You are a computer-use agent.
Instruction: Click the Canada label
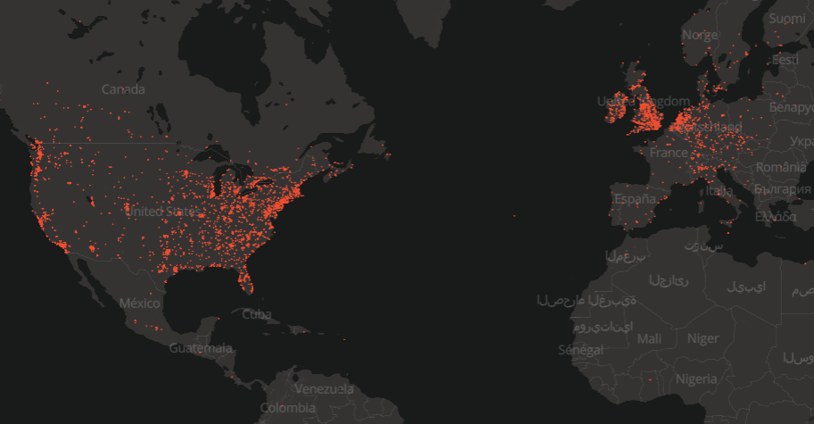(124, 89)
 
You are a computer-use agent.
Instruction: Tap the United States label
(162, 212)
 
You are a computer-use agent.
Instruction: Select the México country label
(139, 303)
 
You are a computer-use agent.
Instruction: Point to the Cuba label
(256, 314)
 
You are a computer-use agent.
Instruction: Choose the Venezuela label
(325, 389)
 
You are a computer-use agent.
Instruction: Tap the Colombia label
(288, 408)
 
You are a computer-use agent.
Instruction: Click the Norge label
(699, 35)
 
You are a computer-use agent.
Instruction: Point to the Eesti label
(785, 59)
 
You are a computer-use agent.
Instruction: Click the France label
(669, 153)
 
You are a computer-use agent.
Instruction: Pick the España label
(634, 197)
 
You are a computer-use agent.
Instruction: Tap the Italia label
(719, 191)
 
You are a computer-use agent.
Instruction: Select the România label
(780, 166)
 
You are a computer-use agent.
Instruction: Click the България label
(782, 189)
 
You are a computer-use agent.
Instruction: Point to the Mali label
(650, 338)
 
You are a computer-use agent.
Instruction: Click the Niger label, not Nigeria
(703, 338)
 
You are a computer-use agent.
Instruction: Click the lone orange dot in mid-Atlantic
(514, 215)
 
